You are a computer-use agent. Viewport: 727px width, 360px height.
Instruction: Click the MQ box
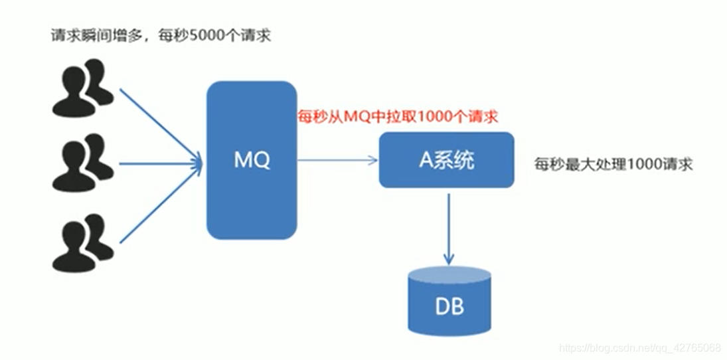click(251, 193)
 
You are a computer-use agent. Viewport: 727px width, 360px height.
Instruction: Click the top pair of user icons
click(82, 86)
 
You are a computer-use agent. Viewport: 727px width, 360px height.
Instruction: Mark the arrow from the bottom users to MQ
click(159, 203)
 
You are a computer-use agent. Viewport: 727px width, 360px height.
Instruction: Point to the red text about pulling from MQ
click(397, 116)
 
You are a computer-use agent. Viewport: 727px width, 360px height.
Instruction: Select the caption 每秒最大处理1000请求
click(613, 164)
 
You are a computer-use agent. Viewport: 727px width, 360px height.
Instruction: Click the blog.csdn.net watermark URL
click(640, 347)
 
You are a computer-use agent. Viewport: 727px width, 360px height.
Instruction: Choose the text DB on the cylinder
click(449, 307)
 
